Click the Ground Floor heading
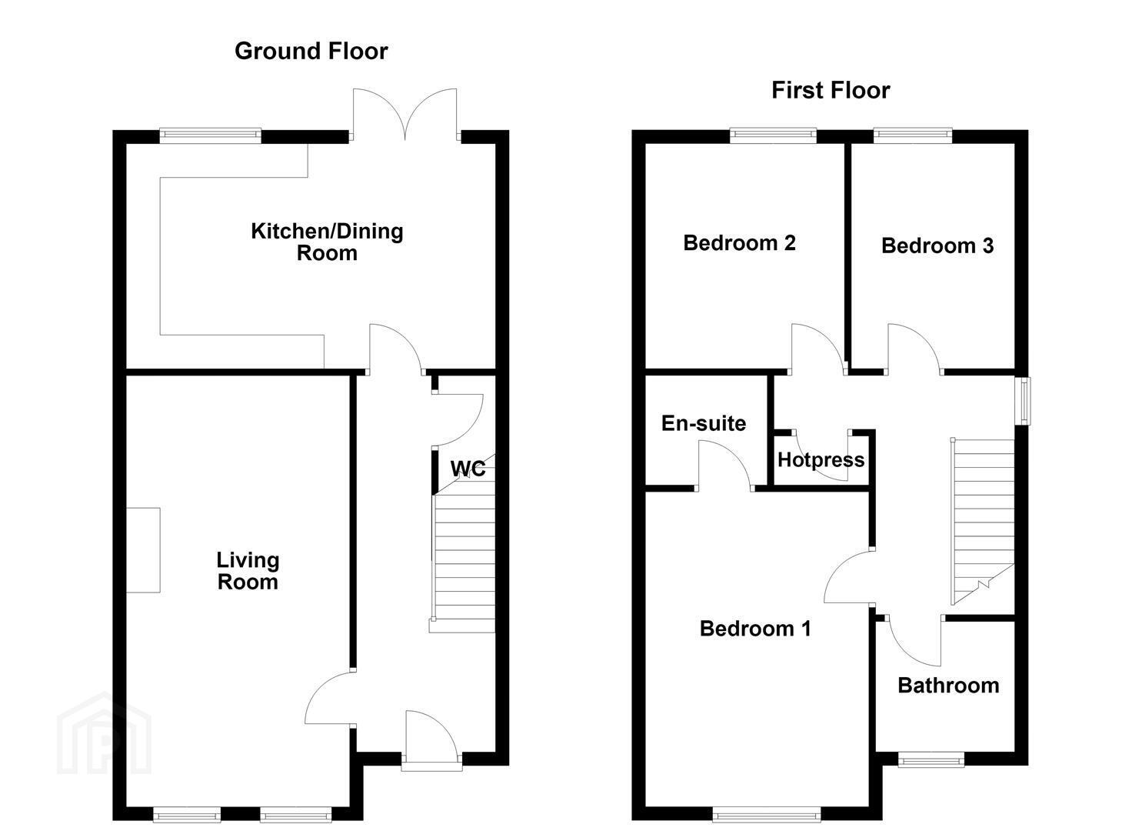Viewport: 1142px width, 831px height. click(x=311, y=52)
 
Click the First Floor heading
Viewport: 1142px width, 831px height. click(x=831, y=91)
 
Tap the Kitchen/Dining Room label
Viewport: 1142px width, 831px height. click(x=327, y=242)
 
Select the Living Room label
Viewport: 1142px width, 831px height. click(x=248, y=571)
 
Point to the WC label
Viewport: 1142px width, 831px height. click(x=468, y=469)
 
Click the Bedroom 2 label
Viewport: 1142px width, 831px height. click(x=739, y=243)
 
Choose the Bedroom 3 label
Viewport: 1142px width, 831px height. click(x=937, y=246)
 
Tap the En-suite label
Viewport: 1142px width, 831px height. click(x=704, y=423)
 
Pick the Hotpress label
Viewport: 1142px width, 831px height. click(x=821, y=460)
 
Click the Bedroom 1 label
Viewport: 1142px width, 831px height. click(x=755, y=629)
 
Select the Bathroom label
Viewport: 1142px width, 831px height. click(x=948, y=686)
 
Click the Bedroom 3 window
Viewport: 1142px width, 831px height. click(x=913, y=135)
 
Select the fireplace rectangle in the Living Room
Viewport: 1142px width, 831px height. click(x=143, y=550)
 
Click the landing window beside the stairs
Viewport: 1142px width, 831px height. click(x=1022, y=401)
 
